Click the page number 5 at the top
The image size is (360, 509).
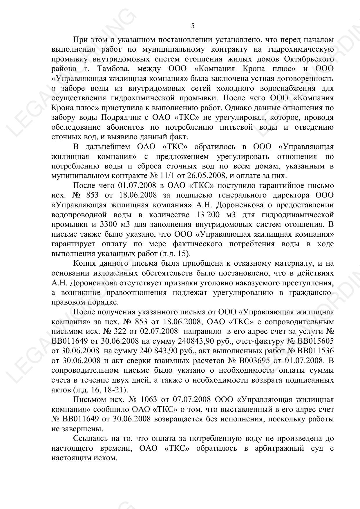pos(193,26)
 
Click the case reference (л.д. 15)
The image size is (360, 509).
pos(175,254)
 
